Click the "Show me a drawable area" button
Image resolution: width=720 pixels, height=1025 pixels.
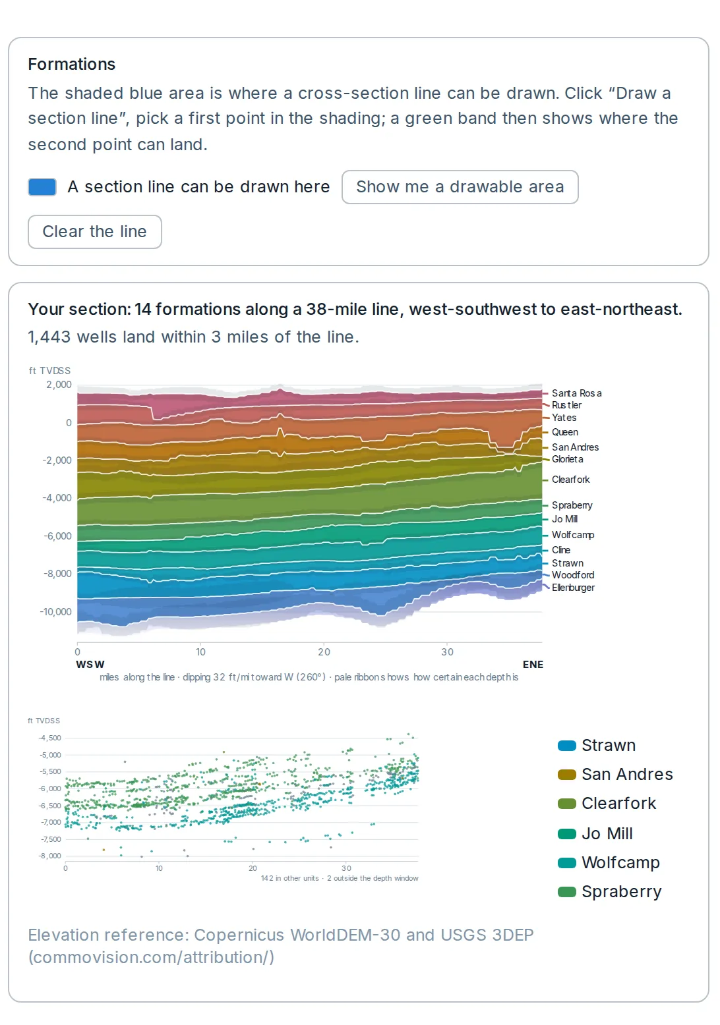460,186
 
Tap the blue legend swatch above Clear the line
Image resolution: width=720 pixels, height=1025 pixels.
42,186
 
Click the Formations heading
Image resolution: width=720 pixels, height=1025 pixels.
71,64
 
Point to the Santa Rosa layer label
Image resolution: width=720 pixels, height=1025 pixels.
576,393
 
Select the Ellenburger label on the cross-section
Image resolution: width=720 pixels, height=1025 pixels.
573,588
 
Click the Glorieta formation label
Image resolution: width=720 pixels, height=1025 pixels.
568,459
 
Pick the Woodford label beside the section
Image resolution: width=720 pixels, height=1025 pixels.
573,574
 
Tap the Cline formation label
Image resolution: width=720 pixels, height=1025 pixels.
561,549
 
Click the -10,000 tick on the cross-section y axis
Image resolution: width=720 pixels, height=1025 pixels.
56,611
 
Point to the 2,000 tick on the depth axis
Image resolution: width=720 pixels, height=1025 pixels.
59,385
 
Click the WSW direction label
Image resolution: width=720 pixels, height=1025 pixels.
90,664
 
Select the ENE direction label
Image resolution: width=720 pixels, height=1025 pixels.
533,664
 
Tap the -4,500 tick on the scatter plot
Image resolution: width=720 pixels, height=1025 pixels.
50,738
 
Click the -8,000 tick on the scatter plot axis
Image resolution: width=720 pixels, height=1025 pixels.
50,856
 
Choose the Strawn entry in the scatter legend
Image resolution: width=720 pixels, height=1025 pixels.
596,746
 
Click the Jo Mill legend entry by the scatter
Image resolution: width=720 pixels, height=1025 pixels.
595,834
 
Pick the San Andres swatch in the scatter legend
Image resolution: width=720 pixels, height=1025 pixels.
566,775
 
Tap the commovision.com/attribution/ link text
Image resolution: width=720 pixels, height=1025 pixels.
151,957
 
